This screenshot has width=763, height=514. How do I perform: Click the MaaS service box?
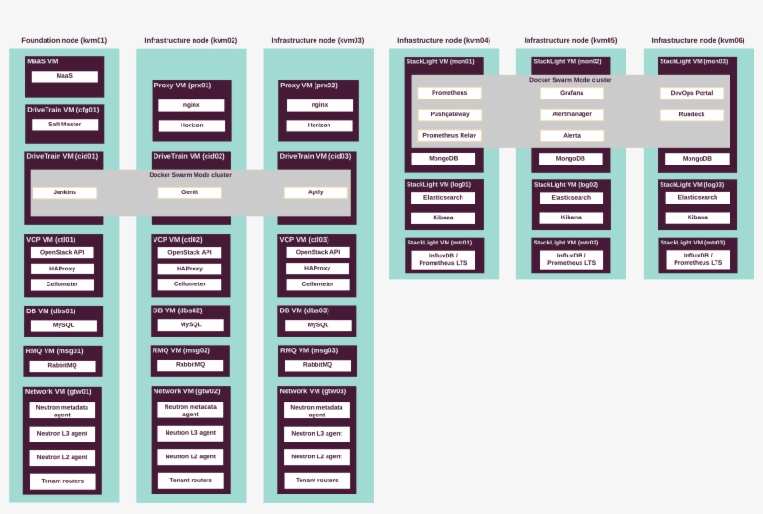(x=64, y=76)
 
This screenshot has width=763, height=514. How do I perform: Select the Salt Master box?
(x=65, y=125)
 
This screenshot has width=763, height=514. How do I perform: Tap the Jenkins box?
(x=65, y=192)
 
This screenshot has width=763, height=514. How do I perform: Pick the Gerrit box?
(x=190, y=192)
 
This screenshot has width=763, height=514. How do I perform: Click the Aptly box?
(x=315, y=192)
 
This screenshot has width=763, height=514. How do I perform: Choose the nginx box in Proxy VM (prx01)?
(x=192, y=105)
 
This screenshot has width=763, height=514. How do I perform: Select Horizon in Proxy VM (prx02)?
(x=319, y=125)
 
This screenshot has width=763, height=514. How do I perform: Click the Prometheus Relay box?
(x=449, y=136)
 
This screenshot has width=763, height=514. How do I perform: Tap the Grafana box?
(x=571, y=93)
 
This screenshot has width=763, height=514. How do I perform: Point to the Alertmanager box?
(x=571, y=114)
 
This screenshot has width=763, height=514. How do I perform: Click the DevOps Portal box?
(x=691, y=93)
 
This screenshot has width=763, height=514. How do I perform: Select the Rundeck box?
(x=691, y=114)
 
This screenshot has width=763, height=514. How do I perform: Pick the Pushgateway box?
(x=449, y=114)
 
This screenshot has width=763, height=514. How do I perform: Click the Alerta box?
(x=571, y=136)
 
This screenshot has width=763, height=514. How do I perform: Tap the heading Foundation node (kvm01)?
(x=64, y=40)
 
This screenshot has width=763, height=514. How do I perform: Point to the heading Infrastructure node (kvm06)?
(x=698, y=40)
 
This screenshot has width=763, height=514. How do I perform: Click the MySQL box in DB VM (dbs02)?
(x=191, y=324)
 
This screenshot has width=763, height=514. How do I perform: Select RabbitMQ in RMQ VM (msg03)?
(x=317, y=365)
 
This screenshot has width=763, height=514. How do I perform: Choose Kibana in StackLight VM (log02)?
(x=571, y=217)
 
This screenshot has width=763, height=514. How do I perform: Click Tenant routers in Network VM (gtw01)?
(x=62, y=481)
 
